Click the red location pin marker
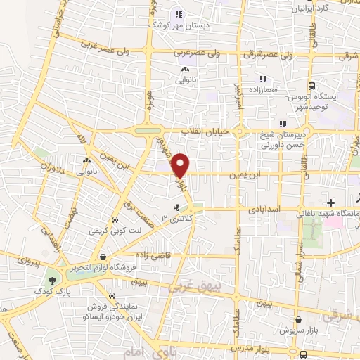point(181,165)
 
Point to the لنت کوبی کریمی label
point(111,230)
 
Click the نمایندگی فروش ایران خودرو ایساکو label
point(115,312)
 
